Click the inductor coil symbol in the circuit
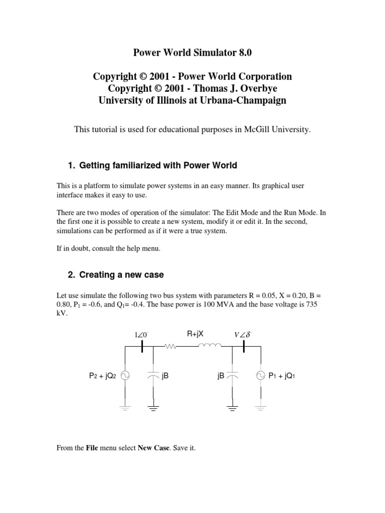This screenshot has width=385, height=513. (210, 345)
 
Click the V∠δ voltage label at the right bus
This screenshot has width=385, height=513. (243, 334)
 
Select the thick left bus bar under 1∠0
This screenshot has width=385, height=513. (142, 346)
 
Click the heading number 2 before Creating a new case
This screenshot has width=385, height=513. (70, 275)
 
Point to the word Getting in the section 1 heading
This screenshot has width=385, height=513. (94, 165)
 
